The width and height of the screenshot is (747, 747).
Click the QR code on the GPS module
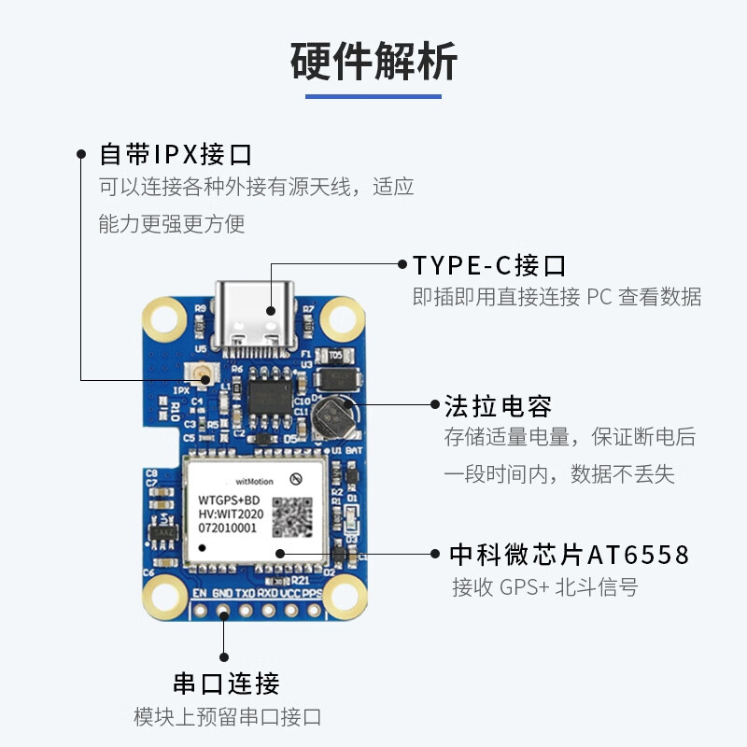(292, 516)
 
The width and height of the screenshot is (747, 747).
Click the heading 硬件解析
(373, 62)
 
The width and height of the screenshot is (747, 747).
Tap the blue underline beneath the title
(373, 95)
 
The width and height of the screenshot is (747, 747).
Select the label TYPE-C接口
(490, 265)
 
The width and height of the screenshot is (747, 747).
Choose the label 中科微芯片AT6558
(569, 555)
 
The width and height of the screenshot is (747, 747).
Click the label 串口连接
(226, 684)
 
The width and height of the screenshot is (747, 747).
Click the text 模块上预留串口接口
(228, 717)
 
